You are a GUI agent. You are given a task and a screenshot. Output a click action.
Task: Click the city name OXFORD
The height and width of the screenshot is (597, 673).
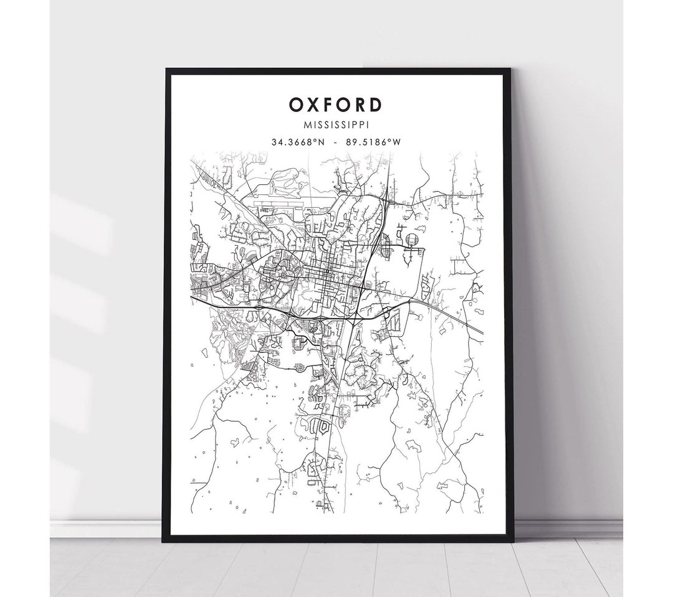coord(336,105)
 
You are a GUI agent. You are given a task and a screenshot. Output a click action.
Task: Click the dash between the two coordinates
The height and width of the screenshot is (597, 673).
coord(336,143)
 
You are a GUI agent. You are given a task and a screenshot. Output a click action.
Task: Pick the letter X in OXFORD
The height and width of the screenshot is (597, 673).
coord(313,105)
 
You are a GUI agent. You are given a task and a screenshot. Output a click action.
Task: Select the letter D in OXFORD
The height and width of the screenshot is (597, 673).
coord(376,105)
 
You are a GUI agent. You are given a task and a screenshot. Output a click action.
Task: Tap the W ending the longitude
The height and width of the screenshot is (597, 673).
coord(396,143)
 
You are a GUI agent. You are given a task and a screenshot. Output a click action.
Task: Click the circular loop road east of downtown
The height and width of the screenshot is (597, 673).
coord(410,240)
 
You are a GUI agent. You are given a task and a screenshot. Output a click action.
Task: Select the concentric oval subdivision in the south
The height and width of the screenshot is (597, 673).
coord(323,426)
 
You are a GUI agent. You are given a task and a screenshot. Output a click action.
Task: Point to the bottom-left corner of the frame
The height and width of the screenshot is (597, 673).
coord(165,540)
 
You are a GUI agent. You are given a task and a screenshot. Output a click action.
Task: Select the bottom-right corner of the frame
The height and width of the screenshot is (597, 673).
coord(512,540)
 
